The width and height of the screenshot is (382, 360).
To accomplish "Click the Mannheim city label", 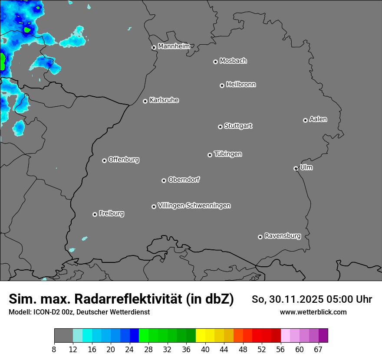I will (174, 46).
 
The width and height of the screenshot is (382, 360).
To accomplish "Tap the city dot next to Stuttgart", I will (220, 127).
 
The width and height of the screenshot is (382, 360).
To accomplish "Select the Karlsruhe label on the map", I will (164, 100).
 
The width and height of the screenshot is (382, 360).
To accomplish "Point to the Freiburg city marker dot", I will (95, 214).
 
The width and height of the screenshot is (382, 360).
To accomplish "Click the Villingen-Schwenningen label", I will (194, 206).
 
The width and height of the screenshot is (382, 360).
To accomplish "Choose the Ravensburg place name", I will (283, 236).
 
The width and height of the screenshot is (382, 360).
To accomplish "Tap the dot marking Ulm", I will (296, 168).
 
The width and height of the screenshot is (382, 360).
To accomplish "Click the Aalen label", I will (318, 119).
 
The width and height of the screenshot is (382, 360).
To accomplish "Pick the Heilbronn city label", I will (241, 85).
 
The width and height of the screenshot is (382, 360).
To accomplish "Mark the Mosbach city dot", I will (215, 62).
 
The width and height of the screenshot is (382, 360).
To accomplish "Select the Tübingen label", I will (228, 154).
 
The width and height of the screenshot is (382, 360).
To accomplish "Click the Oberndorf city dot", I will (164, 180).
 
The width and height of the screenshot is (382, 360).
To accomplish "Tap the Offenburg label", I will (124, 160).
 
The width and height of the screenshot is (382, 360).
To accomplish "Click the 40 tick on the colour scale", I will (205, 350).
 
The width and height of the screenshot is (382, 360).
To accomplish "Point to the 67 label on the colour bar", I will (318, 350).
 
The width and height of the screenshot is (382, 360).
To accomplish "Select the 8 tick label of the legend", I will (54, 350).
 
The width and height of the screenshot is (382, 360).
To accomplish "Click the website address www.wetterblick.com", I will (313, 312).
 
